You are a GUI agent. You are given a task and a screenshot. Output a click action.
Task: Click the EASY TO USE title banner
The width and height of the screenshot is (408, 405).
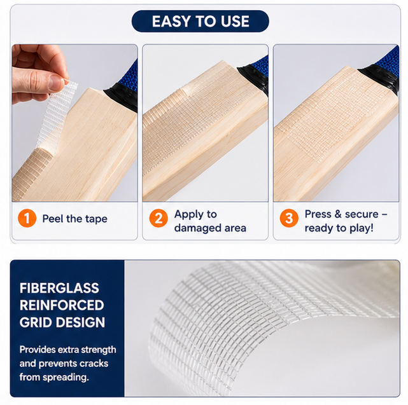point(200,21)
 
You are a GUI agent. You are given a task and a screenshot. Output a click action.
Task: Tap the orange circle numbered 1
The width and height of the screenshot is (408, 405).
point(27,218)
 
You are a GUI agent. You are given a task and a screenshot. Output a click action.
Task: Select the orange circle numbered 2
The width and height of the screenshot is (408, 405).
point(158,218)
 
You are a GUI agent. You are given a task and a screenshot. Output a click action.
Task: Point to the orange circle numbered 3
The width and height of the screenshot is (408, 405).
point(289,218)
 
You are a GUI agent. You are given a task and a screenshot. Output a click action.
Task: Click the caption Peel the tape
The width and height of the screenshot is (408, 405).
point(74,219)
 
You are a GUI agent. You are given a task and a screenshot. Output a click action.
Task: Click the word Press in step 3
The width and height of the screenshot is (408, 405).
point(318,214)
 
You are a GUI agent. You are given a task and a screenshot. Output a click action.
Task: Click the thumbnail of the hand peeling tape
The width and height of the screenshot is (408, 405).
point(74,123)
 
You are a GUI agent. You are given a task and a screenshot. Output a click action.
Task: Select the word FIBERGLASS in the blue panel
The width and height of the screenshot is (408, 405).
point(59,288)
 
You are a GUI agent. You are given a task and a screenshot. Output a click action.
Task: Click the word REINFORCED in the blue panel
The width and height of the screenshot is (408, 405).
point(62,305)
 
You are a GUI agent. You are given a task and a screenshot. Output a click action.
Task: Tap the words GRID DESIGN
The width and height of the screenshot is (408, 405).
point(62,322)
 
